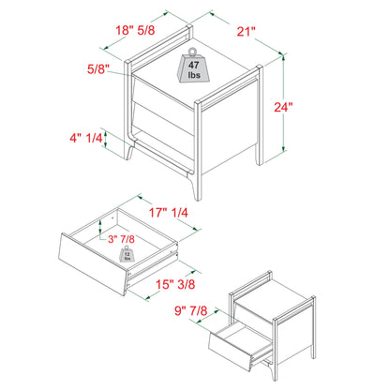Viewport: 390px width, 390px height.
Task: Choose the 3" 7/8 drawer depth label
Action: click(120, 240)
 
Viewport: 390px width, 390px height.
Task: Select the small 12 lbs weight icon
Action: click(124, 256)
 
